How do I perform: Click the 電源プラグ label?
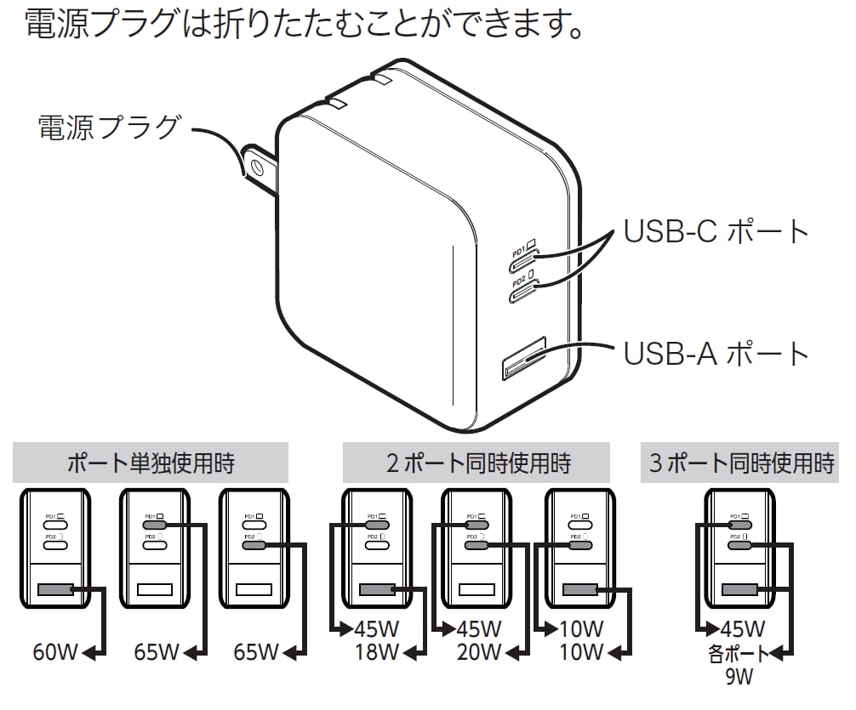click(x=109, y=128)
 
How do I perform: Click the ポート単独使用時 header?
click(x=151, y=463)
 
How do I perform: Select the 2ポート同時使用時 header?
click(x=477, y=463)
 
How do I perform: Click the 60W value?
click(x=55, y=653)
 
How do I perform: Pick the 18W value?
click(x=377, y=653)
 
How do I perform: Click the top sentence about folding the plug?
click(x=305, y=26)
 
